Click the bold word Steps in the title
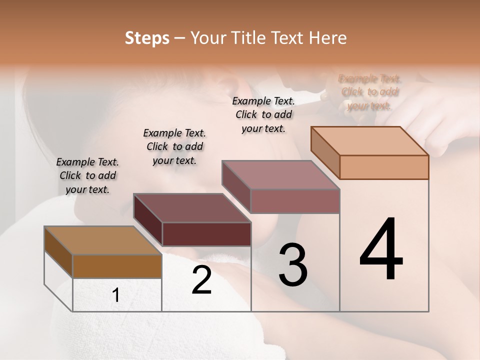point(147,38)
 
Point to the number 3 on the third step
point(293,264)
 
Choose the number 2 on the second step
point(201,280)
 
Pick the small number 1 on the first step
point(116,295)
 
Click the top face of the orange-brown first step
point(103,240)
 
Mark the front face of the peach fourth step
point(384,167)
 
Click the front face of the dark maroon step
point(206,234)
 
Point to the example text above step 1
point(87,175)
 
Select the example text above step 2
point(174,146)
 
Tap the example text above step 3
point(263,114)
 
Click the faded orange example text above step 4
point(369,92)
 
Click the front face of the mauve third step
point(295,201)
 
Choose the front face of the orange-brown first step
point(117,266)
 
